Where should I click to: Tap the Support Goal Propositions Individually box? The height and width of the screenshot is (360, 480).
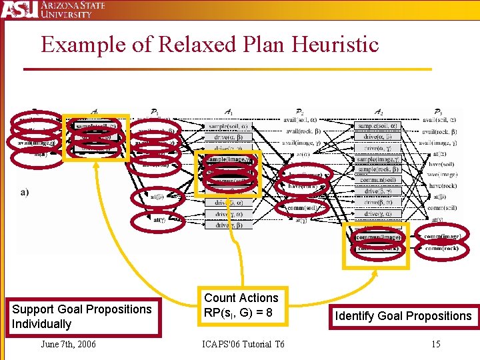point(82,317)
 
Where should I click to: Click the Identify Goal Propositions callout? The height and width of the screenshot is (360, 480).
point(403,316)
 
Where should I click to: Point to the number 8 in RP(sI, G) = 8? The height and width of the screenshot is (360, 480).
point(269,313)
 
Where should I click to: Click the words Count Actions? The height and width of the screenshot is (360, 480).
point(241,298)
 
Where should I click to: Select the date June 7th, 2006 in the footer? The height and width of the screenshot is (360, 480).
point(68,344)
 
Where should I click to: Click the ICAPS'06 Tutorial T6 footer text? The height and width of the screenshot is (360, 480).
point(243,344)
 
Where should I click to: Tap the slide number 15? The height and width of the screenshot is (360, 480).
point(435,344)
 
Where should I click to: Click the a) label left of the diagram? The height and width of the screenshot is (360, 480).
point(25,192)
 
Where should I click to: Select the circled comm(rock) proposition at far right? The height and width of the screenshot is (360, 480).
point(441,248)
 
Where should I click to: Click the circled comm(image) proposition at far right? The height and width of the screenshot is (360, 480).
point(442,235)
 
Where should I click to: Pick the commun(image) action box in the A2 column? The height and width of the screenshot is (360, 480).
point(378,236)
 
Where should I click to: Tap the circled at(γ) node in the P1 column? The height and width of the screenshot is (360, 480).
point(159,219)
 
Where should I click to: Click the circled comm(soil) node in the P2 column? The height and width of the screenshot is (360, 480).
point(303,208)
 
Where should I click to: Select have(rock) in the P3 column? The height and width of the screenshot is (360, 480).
point(442,186)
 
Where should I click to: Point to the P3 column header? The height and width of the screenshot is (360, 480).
point(437,113)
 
